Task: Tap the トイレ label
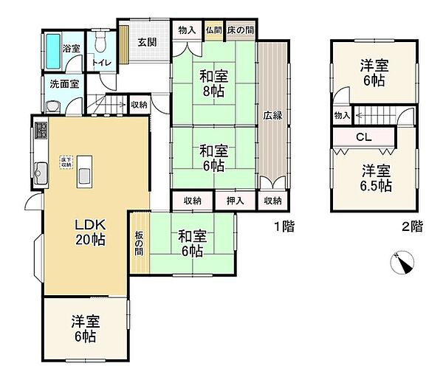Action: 101,63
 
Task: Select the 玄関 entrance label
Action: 146,42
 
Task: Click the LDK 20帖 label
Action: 90,232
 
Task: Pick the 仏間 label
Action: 214,30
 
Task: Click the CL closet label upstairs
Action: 363,137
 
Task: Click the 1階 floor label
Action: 284,227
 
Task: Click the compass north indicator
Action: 405,263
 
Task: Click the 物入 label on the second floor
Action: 341,115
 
